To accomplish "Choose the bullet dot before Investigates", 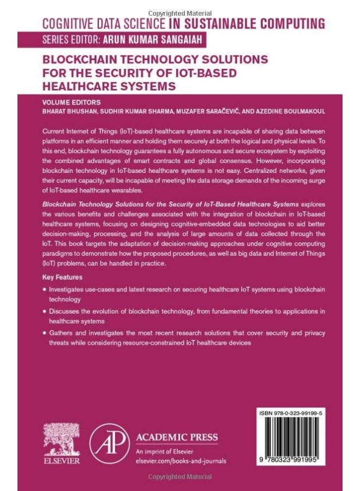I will (44, 290).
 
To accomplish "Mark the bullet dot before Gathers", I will (44, 333).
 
